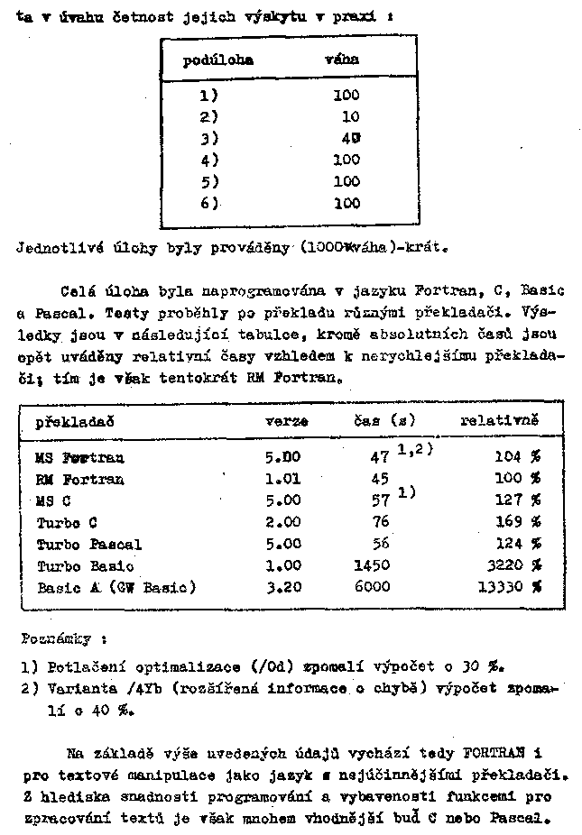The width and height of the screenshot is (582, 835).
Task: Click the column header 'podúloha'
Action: [217, 60]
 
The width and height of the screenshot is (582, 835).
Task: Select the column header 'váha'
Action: [341, 60]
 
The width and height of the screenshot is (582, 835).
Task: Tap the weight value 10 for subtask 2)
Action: [350, 116]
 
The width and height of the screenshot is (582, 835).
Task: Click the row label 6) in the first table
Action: [209, 203]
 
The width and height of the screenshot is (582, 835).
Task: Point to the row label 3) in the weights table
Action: [209, 138]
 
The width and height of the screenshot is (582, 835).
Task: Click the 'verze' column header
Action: [286, 421]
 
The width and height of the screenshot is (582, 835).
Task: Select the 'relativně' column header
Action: [499, 420]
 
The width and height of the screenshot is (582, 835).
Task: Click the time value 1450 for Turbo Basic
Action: [373, 566]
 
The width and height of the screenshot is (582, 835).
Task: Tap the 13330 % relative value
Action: [509, 588]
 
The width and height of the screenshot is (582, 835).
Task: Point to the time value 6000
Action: [373, 587]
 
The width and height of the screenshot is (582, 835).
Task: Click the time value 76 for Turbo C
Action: [380, 522]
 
